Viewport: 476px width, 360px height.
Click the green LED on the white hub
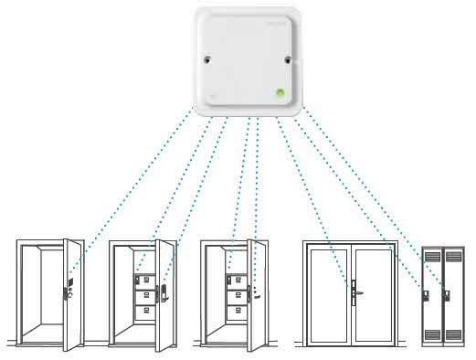coord(280,90)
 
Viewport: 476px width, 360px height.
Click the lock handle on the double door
coord(352,293)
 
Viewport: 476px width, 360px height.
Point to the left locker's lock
coord(427,293)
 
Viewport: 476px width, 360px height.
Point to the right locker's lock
coord(446,293)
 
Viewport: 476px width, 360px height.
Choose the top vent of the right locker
coord(452,261)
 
